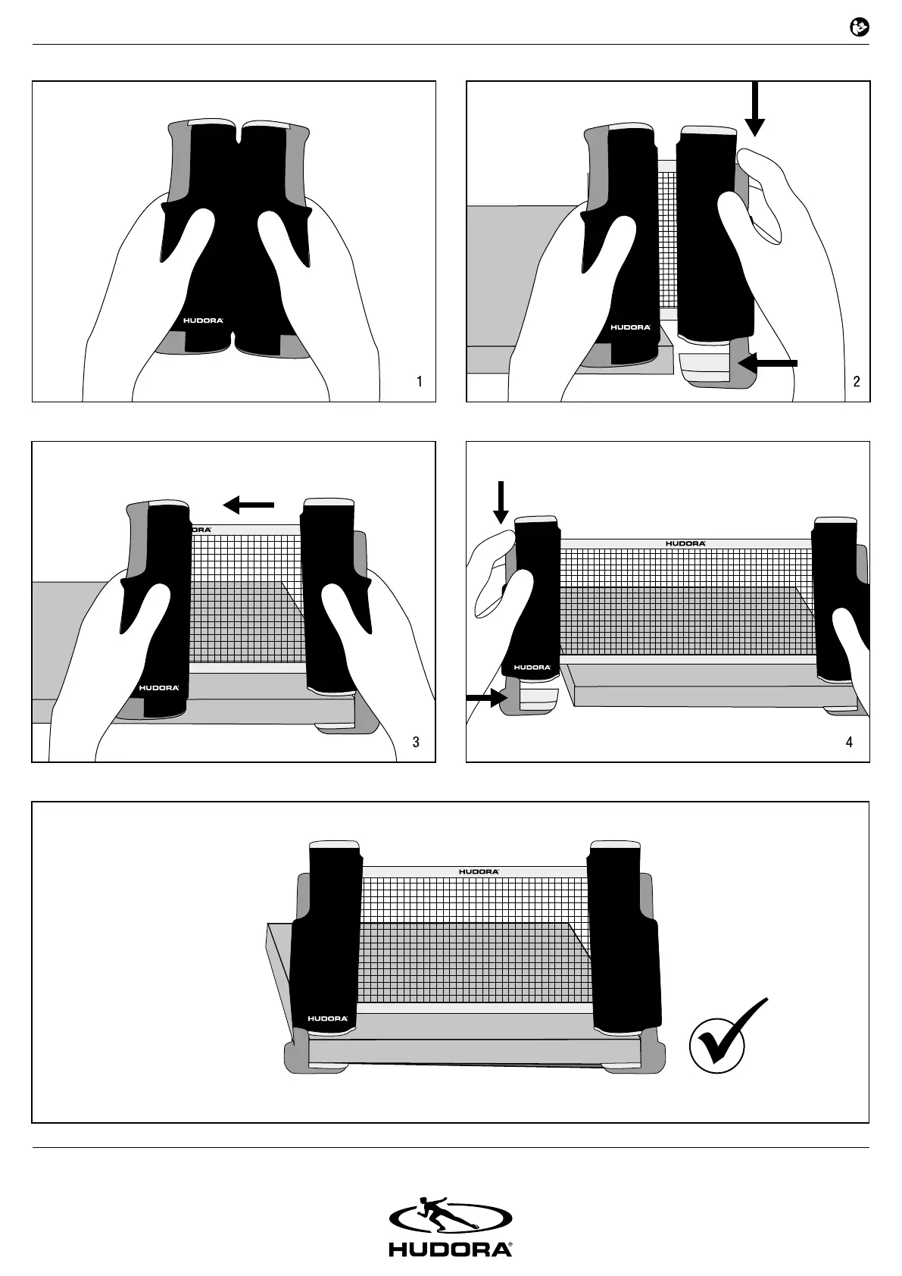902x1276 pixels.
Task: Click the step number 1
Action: [420, 382]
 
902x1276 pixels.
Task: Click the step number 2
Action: [857, 382]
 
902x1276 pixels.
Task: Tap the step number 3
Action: [416, 742]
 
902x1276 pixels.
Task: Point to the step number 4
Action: [849, 742]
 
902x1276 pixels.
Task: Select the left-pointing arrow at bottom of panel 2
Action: [768, 364]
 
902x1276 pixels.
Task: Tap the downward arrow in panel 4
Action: [501, 502]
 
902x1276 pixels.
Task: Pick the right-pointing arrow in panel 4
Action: [487, 698]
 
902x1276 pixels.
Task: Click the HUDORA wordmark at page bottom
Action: [451, 1249]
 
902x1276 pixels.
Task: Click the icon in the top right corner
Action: [860, 28]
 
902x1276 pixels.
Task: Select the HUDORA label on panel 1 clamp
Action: [204, 321]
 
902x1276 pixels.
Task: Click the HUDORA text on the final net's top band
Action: [479, 871]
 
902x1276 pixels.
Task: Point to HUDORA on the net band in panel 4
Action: [685, 543]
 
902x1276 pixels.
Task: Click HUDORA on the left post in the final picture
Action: [328, 1018]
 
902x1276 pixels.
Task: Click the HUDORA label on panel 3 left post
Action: [159, 688]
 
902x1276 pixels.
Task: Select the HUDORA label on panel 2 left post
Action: [630, 327]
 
